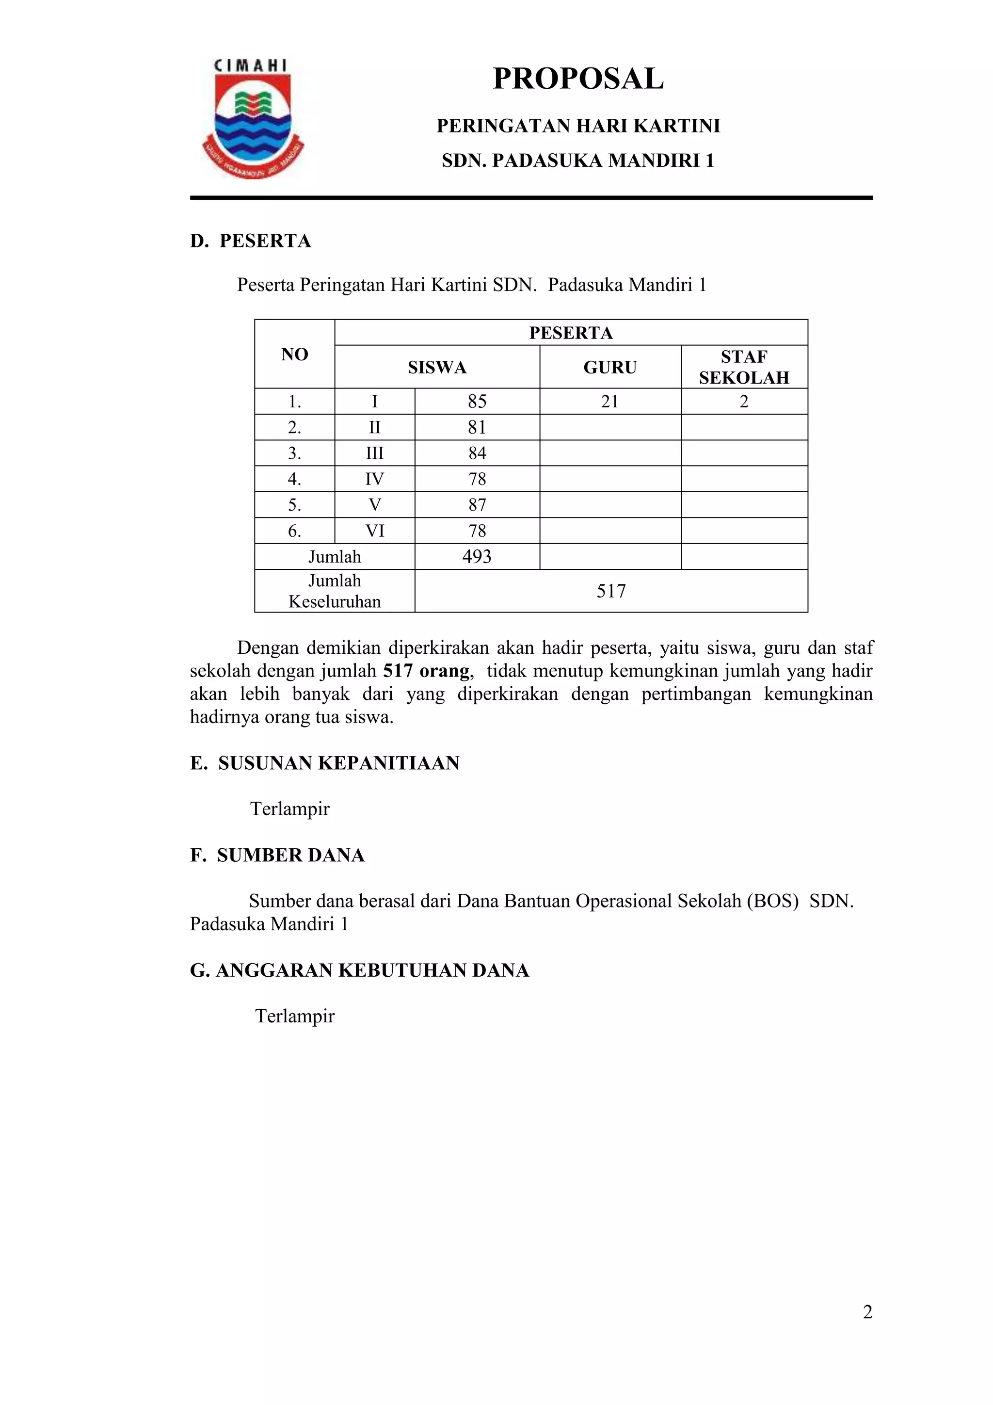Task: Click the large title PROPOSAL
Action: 577,79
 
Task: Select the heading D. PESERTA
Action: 250,241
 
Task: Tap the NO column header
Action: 294,355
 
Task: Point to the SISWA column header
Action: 437,367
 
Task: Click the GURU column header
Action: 610,367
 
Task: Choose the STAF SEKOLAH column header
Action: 744,367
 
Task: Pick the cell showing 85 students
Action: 477,402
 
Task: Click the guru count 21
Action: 610,402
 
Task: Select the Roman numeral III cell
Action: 374,453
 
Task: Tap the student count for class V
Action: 477,505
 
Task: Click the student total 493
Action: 477,557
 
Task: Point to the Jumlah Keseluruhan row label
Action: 335,591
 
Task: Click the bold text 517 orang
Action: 427,671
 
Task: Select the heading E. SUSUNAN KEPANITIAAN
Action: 325,763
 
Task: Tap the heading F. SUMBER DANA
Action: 277,856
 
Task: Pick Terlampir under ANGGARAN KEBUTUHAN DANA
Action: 294,1017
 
